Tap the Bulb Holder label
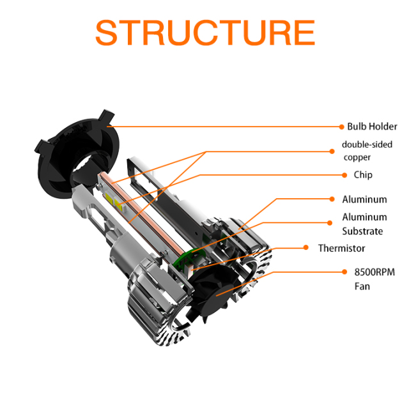pyautogui.click(x=372, y=127)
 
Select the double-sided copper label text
pyautogui.click(x=366, y=150)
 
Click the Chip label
pyautogui.click(x=362, y=174)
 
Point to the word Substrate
pyautogui.click(x=362, y=231)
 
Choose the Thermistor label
pyautogui.click(x=342, y=248)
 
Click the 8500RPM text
pyautogui.click(x=374, y=272)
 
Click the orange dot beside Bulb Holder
pyautogui.click(x=339, y=127)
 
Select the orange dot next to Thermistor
pyautogui.click(x=305, y=248)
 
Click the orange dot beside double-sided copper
pyautogui.click(x=332, y=151)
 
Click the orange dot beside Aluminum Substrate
pyautogui.click(x=332, y=222)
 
